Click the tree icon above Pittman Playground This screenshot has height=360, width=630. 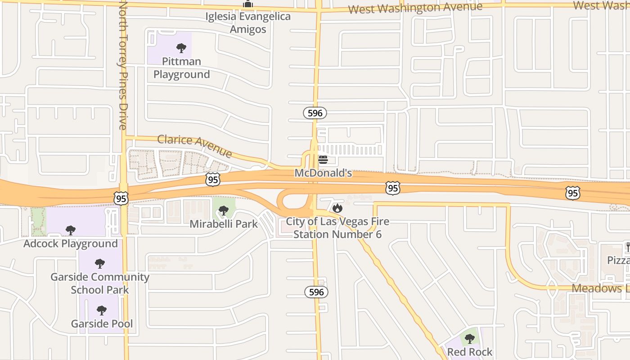[x=181, y=48]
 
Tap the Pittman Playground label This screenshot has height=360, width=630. [x=181, y=68]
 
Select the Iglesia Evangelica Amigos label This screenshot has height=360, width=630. [x=248, y=23]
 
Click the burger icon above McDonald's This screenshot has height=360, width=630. [x=323, y=160]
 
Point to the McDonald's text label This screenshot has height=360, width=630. [x=323, y=173]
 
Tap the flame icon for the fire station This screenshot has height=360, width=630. [x=337, y=208]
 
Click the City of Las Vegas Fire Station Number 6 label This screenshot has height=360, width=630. [x=337, y=228]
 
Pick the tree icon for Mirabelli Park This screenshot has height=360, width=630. [x=223, y=210]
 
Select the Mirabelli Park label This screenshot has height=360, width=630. [x=224, y=224]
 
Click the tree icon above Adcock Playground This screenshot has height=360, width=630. [x=70, y=230]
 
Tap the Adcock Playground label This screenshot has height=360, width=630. [x=71, y=243]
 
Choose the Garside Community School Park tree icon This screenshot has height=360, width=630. [x=100, y=264]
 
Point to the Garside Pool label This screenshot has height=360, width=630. [x=102, y=324]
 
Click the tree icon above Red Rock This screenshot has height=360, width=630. [x=470, y=338]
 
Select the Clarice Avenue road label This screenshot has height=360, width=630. [x=194, y=146]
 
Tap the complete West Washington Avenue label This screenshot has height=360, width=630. [x=415, y=8]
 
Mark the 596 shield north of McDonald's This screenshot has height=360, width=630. [x=315, y=113]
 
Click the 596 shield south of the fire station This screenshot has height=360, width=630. [x=316, y=292]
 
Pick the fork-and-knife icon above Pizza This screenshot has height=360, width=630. [x=627, y=247]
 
